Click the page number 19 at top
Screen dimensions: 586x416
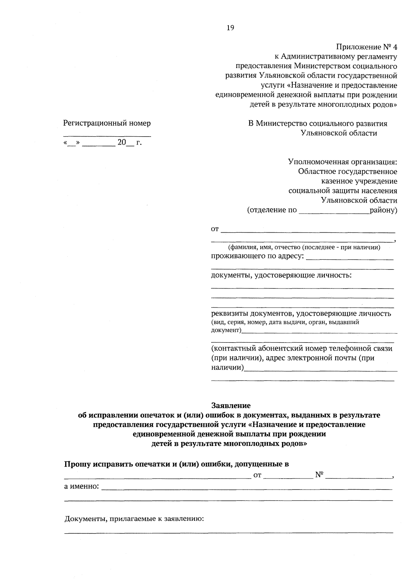pyautogui.click(x=231, y=28)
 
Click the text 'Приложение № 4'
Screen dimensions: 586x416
pyautogui.click(x=366, y=46)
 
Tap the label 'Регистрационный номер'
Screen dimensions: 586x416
pyautogui.click(x=107, y=123)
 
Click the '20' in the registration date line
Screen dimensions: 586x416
pyautogui.click(x=121, y=142)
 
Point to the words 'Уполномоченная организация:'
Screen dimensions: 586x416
pyautogui.click(x=343, y=162)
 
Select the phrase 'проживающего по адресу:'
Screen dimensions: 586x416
pyautogui.click(x=258, y=256)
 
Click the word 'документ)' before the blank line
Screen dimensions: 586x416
pyautogui.click(x=226, y=330)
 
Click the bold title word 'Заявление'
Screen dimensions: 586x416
pyautogui.click(x=231, y=405)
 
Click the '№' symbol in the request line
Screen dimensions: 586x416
pyautogui.click(x=319, y=475)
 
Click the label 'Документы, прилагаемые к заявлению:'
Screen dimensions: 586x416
pyautogui.click(x=134, y=519)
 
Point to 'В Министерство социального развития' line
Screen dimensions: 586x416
pyautogui.click(x=318, y=123)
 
